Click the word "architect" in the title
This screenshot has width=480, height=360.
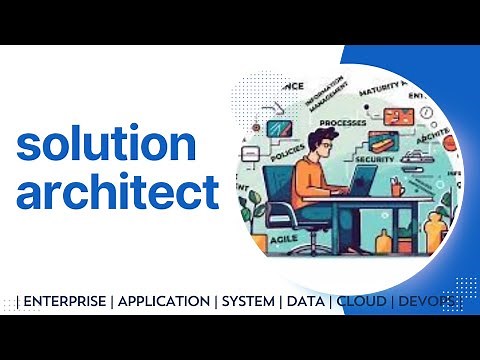click(x=117, y=190)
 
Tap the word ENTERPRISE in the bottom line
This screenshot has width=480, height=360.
click(x=67, y=300)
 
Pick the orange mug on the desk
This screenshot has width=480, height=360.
click(x=397, y=187)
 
